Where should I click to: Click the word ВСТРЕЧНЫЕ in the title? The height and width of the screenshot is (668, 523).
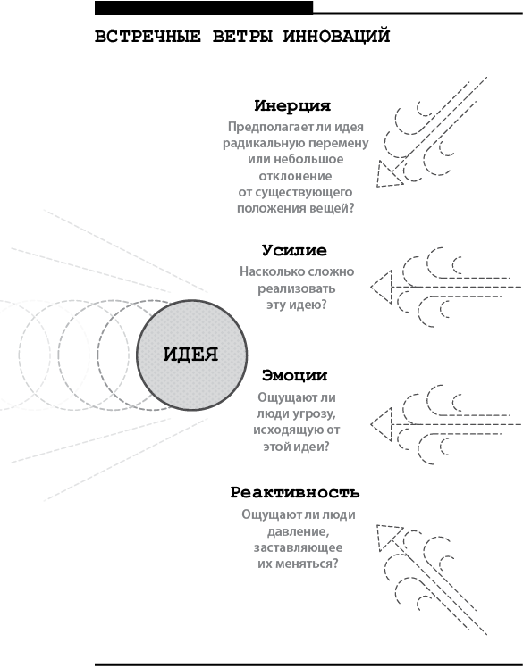pos(148,37)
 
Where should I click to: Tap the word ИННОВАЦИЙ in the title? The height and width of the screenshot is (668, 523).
pos(336,36)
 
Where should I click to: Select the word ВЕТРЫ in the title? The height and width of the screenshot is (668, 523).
pos(242,37)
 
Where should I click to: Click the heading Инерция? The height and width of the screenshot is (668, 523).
pos(292,105)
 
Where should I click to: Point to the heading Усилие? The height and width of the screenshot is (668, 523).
pos(294,250)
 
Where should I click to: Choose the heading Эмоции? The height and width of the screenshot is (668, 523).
pos(294,375)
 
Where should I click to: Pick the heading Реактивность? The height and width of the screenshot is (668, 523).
pos(295,492)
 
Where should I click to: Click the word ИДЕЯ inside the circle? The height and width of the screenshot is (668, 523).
pos(190,355)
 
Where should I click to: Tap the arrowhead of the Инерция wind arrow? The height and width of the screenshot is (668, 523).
pos(389,174)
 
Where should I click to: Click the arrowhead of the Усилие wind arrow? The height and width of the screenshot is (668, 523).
pos(382,288)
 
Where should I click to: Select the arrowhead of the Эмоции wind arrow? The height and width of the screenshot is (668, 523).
pos(382,424)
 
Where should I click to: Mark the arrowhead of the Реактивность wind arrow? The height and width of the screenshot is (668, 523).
pos(389,538)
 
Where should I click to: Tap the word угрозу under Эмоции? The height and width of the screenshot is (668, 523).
pos(313,414)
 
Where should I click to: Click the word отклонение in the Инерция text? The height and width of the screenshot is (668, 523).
pos(295,176)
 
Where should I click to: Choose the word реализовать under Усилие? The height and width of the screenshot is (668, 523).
pos(297,288)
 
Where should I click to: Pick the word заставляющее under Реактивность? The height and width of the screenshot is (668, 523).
pos(299,547)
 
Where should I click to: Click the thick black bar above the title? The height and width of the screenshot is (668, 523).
pos(204,8)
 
